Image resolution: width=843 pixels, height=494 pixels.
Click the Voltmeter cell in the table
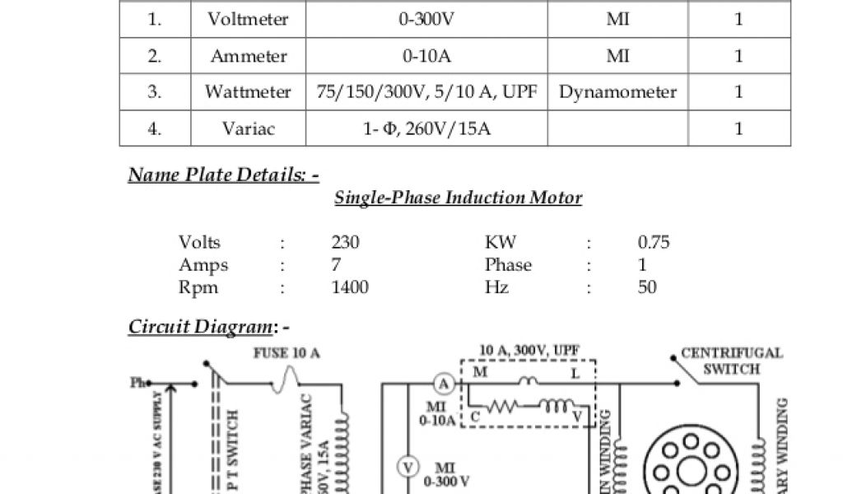click(x=248, y=20)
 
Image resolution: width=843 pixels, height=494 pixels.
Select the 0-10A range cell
click(x=426, y=56)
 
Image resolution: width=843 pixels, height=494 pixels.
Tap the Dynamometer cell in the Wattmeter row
click(x=617, y=92)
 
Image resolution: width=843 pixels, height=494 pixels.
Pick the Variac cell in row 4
click(x=248, y=128)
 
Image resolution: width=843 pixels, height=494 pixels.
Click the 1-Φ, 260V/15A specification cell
click(x=426, y=128)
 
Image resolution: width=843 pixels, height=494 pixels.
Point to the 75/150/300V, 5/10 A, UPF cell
click(x=426, y=92)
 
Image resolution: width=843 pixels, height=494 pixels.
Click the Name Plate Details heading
click(x=223, y=175)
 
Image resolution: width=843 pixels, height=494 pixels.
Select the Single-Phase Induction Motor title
click(x=458, y=198)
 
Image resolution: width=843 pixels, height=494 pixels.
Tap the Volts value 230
click(x=346, y=242)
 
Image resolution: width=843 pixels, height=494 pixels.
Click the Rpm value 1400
click(x=350, y=287)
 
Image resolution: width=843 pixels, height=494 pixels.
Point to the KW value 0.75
click(x=654, y=242)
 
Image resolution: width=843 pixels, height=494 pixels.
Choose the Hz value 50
click(x=647, y=287)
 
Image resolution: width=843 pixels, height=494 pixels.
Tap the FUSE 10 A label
click(x=286, y=353)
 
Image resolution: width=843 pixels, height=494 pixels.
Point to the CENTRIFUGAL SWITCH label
click(x=731, y=361)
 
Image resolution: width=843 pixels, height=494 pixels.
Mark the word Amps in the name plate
click(x=203, y=265)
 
